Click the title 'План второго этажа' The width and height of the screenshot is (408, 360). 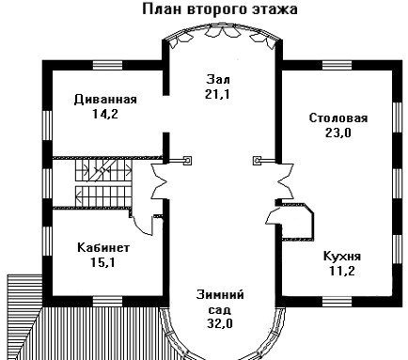pos(220,9)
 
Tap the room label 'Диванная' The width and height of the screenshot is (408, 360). pos(105,100)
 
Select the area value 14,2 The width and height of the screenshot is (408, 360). pos(105,114)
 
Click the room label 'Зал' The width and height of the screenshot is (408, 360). pos(218,79)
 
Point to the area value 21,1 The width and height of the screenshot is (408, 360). pos(217,94)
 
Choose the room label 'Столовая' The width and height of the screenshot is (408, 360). pos(338,118)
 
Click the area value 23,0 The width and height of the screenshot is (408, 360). pos(338,133)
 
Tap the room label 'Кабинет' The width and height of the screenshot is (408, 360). pos(103,247)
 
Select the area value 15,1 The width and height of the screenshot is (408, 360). pos(102,262)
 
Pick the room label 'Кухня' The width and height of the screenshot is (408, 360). pos(342,256)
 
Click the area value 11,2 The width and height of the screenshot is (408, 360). pos(342,271)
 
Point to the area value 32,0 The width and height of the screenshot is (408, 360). pos(220,323)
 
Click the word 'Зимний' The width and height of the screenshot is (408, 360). pos(220,295)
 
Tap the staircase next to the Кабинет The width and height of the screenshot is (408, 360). pos(103,183)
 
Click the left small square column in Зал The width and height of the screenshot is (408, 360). pos(188,161)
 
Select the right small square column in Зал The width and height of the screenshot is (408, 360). pos(257,161)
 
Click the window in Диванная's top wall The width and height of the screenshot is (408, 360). pos(107,65)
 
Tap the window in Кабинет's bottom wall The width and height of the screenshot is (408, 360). pos(107,301)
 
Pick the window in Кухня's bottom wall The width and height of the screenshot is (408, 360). pos(337,301)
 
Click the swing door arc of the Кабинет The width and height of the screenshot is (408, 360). pos(142,227)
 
